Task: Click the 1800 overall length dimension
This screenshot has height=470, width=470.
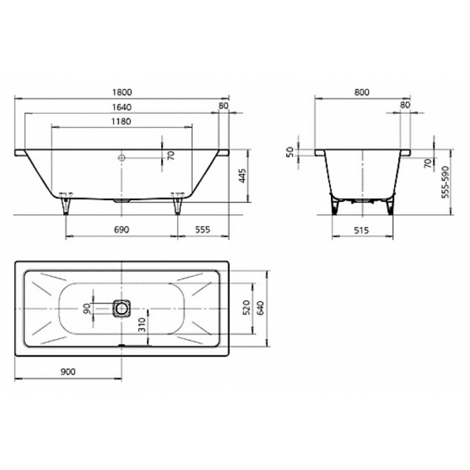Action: pos(122,93)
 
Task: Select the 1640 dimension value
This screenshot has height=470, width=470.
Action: pos(122,107)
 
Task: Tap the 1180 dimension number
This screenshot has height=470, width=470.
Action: pos(122,122)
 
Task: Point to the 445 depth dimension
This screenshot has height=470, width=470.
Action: pos(243,176)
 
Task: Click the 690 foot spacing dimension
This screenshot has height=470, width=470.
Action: pos(122,230)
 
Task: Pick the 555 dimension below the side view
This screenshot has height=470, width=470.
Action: pos(203,230)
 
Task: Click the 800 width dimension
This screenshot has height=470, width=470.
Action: pos(362,93)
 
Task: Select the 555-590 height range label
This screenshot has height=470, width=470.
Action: pos(446,182)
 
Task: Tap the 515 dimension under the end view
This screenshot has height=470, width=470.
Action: pos(361,230)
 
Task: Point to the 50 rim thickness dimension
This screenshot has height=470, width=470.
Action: pos(291,152)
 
